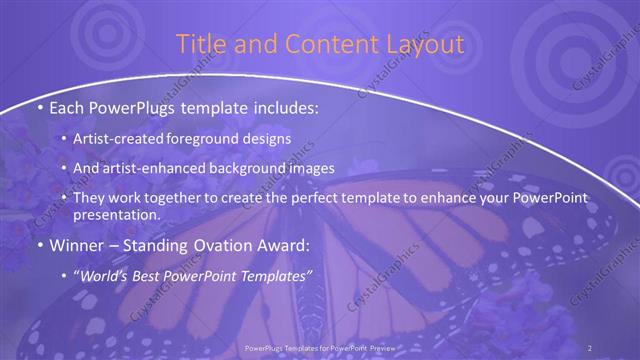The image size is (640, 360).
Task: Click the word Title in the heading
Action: tap(200, 44)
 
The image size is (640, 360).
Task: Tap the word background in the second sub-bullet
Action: tap(263, 168)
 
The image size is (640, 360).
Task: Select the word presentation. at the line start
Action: tap(117, 215)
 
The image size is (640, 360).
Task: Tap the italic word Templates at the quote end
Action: tap(275, 274)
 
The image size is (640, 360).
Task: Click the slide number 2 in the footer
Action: tap(590, 347)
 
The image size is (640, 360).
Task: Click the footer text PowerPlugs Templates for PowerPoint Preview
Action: tap(320, 347)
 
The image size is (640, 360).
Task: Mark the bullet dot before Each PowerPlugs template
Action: tap(38, 106)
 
